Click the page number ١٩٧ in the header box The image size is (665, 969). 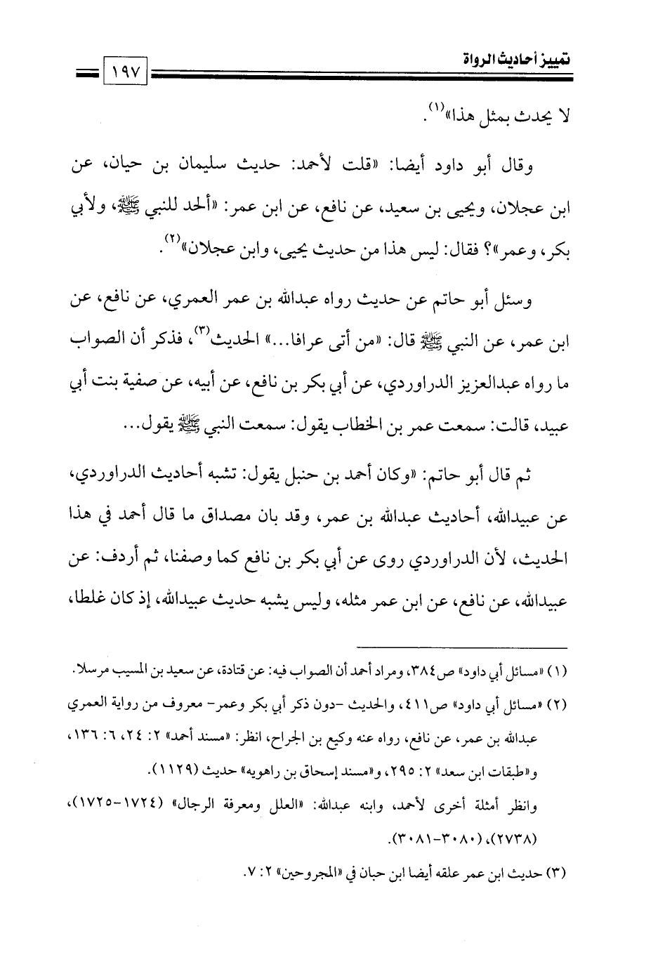[x=126, y=73]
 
